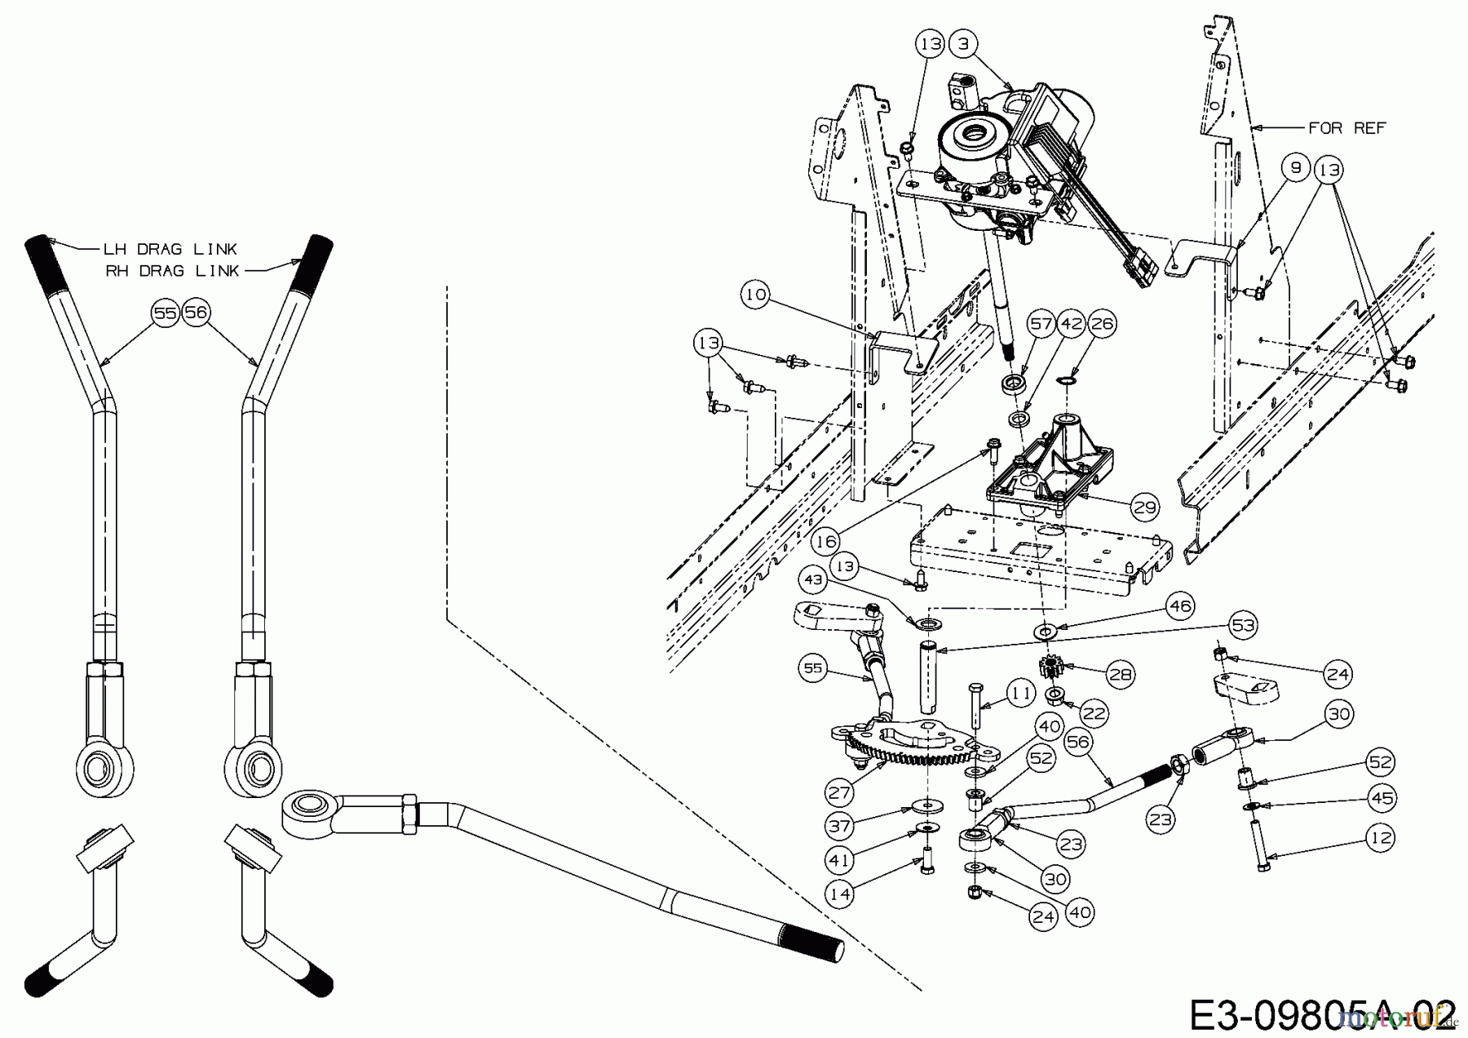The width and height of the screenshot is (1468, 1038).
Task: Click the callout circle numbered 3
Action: tap(964, 44)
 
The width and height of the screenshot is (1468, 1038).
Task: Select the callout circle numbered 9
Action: tap(1296, 169)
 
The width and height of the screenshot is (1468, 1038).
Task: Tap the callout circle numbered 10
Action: tap(756, 294)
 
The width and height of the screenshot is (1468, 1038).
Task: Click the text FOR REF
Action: tap(1346, 128)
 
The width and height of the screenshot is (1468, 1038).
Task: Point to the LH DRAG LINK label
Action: tap(170, 249)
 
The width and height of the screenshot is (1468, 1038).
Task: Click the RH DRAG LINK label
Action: tap(172, 271)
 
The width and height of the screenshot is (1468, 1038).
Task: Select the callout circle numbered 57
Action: tap(1041, 324)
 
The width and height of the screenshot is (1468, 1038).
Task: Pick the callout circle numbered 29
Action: tap(1145, 508)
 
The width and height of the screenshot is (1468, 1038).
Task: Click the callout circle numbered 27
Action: tap(839, 792)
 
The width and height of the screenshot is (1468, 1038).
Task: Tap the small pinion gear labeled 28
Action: tap(1054, 670)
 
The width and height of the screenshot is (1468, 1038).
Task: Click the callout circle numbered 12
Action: tap(1380, 838)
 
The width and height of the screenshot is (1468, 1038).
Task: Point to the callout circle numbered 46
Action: tap(1180, 606)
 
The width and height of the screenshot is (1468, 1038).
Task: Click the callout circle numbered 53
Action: tap(1244, 625)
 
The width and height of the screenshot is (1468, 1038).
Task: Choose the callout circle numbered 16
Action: tap(826, 542)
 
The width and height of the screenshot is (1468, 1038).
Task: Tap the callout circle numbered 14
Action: tap(839, 894)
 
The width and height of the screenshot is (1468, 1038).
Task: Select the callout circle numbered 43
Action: tap(813, 579)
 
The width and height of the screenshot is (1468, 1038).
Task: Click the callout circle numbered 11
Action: tap(1019, 694)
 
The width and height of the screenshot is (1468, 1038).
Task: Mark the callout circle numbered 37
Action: tap(839, 825)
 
